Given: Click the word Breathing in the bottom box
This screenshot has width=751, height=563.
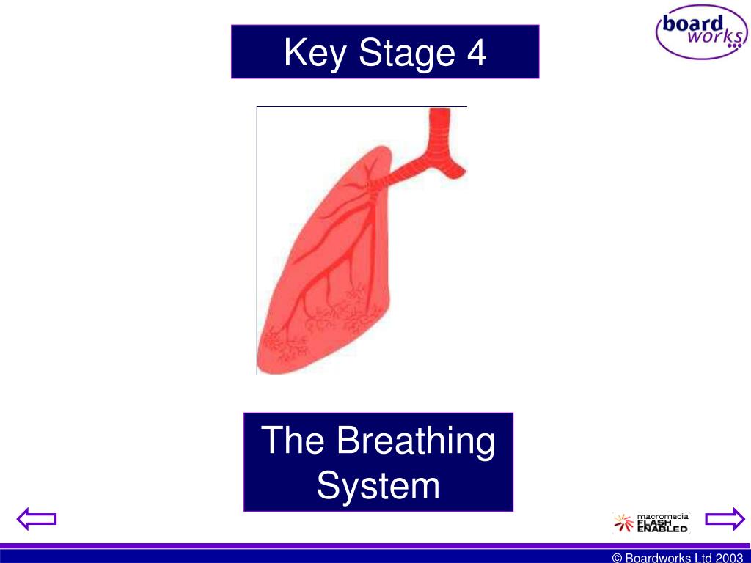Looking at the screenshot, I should [416, 441].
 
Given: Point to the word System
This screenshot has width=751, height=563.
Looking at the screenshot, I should [378, 485].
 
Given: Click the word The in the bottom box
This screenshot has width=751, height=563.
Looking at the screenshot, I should [292, 441].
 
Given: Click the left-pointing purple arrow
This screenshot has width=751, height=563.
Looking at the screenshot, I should [37, 520].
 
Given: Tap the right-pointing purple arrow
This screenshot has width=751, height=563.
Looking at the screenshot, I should [725, 520].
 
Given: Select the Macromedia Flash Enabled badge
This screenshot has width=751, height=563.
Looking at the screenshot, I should [651, 523].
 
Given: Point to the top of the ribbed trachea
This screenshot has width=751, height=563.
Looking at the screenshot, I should [440, 114].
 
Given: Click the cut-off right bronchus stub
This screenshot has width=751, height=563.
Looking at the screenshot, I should [456, 169].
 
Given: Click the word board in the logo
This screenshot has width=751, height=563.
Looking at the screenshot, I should [692, 23].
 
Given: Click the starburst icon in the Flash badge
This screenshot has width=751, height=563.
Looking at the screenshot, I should [622, 523].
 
